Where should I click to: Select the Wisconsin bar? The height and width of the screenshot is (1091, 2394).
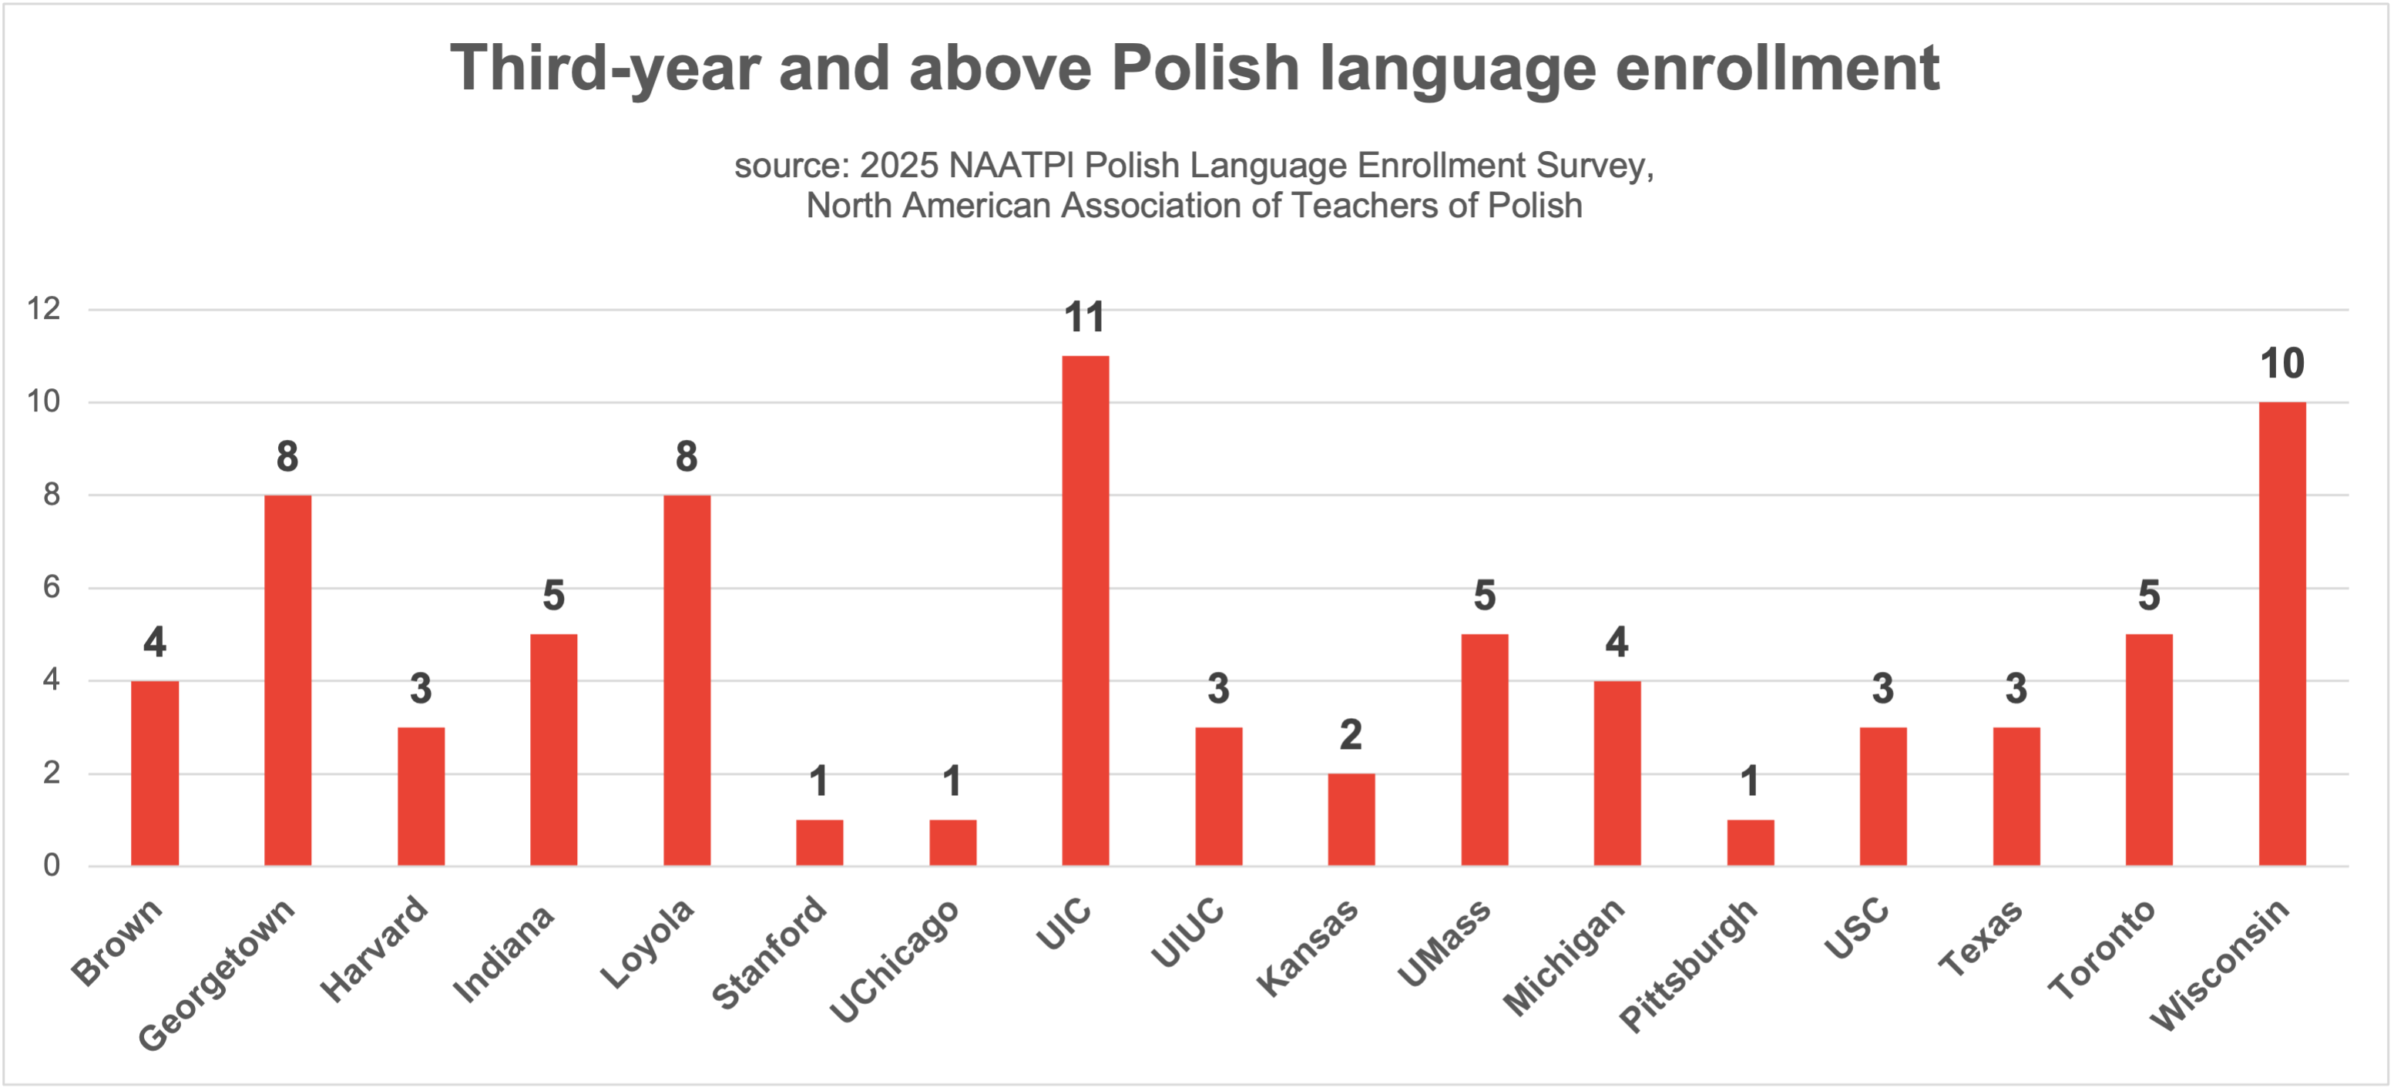pyautogui.click(x=2282, y=634)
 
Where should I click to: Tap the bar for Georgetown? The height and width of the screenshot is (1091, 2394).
pyautogui.click(x=288, y=680)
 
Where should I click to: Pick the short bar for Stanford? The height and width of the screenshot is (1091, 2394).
pyautogui.click(x=820, y=843)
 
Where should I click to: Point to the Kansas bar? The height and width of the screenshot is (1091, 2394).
pyautogui.click(x=1351, y=820)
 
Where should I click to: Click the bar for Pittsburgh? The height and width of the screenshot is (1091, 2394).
pyautogui.click(x=1751, y=843)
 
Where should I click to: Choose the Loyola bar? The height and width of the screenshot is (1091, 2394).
pyautogui.click(x=687, y=680)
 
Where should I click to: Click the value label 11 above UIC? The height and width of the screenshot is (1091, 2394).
pyautogui.click(x=1085, y=317)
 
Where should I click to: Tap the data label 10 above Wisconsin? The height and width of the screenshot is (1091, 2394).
pyautogui.click(x=2282, y=364)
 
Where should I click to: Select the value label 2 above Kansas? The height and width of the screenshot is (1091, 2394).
pyautogui.click(x=1351, y=735)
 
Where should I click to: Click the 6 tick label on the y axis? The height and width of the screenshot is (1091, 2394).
pyautogui.click(x=51, y=587)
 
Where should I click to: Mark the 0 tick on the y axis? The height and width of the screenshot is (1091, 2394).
pyautogui.click(x=51, y=865)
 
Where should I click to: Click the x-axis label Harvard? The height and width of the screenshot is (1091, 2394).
pyautogui.click(x=375, y=948)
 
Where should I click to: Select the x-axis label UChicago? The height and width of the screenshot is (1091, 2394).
pyautogui.click(x=894, y=961)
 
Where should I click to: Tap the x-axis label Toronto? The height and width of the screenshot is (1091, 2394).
pyautogui.click(x=2102, y=948)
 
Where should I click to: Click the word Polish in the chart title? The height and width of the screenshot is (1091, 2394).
pyautogui.click(x=1205, y=68)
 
